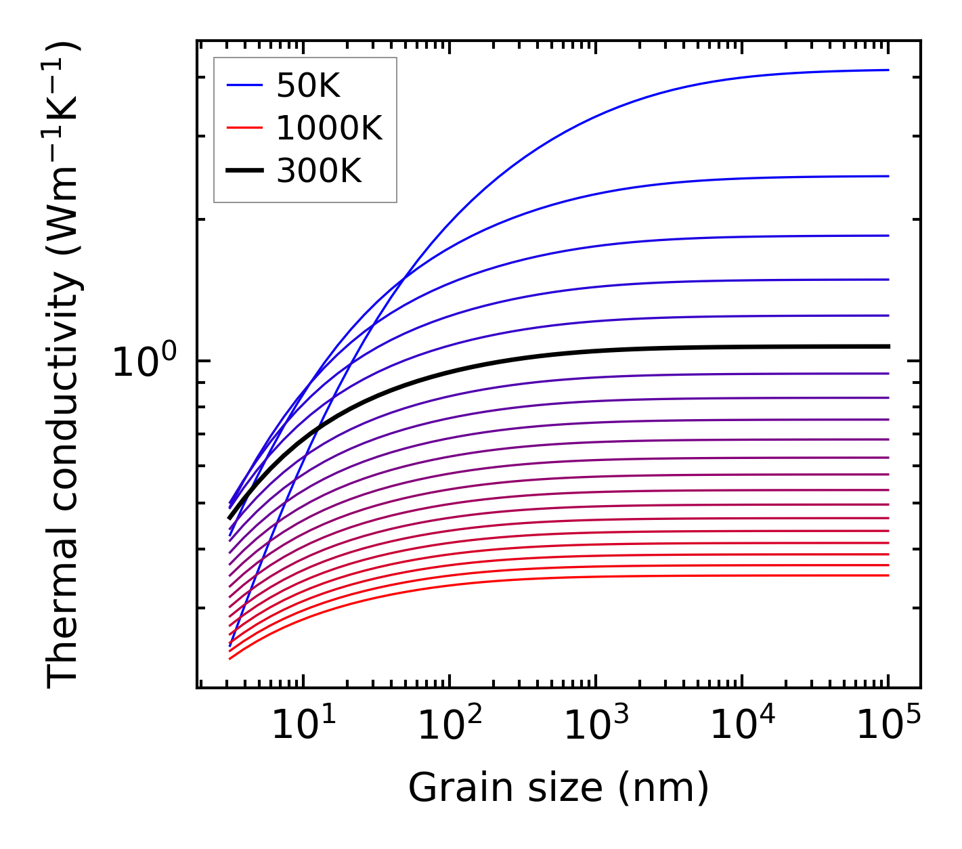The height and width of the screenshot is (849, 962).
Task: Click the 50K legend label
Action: tap(308, 86)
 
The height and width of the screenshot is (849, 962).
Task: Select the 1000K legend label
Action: tap(329, 128)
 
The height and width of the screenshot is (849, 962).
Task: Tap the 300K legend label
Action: tap(319, 171)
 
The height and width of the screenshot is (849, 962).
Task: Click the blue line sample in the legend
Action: tap(244, 85)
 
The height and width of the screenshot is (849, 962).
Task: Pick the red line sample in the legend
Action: tap(244, 128)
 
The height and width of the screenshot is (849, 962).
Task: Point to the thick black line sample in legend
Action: tap(244, 171)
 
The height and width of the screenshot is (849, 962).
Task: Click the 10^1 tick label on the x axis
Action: tap(303, 725)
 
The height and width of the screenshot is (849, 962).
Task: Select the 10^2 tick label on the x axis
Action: tap(450, 725)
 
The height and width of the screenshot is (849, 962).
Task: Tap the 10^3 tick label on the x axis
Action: tap(596, 725)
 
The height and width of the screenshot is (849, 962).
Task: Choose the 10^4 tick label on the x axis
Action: tap(742, 725)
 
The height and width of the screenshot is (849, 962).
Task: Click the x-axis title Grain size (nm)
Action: tap(559, 787)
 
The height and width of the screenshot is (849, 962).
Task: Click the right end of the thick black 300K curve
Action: tap(888, 347)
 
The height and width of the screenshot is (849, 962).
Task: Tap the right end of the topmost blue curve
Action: tap(888, 70)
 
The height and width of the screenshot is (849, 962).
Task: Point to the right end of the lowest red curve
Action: tap(888, 575)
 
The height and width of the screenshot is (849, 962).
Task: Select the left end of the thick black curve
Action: tap(230, 518)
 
